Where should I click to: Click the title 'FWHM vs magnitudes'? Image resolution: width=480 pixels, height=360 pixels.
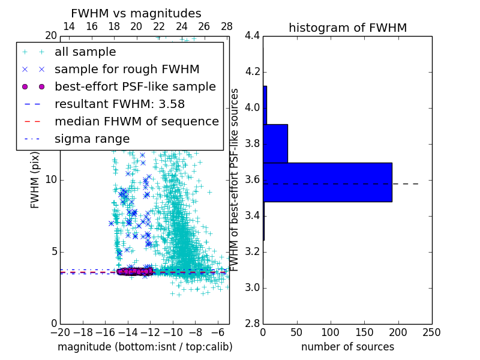click(x=136, y=14)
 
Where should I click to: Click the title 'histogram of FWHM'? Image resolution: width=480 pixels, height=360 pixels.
click(x=347, y=28)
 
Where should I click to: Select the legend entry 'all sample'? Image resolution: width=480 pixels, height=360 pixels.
click(x=85, y=52)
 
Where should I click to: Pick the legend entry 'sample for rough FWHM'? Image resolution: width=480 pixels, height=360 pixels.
click(x=127, y=70)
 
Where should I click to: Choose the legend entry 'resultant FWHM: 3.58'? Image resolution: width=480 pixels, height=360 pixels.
click(x=119, y=104)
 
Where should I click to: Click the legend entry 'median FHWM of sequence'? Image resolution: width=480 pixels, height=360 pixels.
click(x=136, y=122)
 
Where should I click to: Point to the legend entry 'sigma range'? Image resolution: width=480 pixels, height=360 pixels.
click(x=92, y=139)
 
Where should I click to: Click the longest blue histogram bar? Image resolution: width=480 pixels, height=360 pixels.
click(x=328, y=182)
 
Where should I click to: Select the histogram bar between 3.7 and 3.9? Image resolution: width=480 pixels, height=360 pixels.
click(x=275, y=143)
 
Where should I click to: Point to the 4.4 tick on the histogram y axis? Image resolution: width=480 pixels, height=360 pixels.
click(x=252, y=36)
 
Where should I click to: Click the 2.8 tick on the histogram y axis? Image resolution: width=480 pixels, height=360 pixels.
click(x=252, y=323)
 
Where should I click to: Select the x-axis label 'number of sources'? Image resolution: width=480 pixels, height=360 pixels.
click(x=347, y=347)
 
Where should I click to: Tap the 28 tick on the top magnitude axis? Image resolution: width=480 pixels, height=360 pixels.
click(x=227, y=26)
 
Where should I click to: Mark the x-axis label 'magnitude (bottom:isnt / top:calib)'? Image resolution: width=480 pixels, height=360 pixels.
click(x=145, y=347)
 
